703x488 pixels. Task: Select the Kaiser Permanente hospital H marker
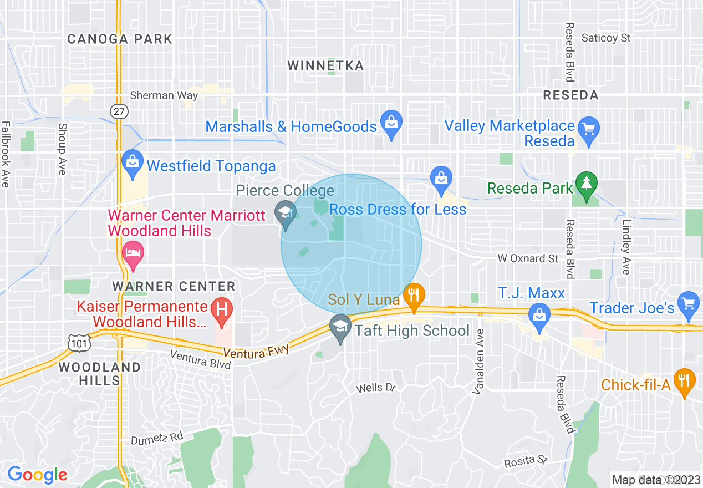click(222, 309)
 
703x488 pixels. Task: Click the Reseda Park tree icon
click(585, 183)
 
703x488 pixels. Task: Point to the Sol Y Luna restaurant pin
click(414, 295)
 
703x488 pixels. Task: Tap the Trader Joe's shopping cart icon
click(689, 303)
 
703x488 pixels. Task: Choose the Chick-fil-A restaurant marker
click(685, 381)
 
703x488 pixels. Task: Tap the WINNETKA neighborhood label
click(325, 66)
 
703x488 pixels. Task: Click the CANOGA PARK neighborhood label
click(120, 39)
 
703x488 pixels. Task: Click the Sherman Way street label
click(164, 96)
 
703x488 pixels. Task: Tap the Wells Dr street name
click(377, 388)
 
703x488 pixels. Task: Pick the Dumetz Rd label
click(157, 438)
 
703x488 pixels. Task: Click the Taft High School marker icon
click(340, 326)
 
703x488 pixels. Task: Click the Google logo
click(37, 475)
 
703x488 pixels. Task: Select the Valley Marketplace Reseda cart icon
click(588, 129)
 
